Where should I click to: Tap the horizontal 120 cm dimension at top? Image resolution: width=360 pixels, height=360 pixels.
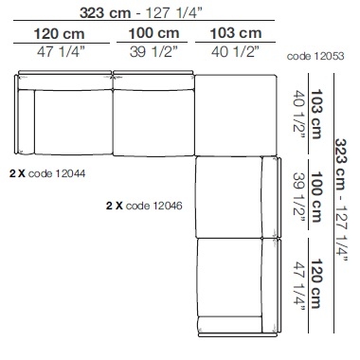coord(59,34)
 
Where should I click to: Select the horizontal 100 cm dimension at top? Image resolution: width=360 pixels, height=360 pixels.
coord(153,33)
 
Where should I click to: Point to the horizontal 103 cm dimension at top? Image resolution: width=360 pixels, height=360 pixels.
coord(236,33)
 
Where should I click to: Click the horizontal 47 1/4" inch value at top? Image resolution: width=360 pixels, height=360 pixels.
coord(61,52)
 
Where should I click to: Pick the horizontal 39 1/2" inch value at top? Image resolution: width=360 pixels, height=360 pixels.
coord(153,52)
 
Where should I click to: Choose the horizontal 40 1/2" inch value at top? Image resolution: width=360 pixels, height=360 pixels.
coord(235,52)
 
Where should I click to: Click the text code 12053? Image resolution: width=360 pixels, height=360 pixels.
coord(315,56)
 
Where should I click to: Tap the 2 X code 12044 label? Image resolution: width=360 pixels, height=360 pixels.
coord(47,173)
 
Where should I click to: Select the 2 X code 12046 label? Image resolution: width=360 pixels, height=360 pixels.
coord(144,206)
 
